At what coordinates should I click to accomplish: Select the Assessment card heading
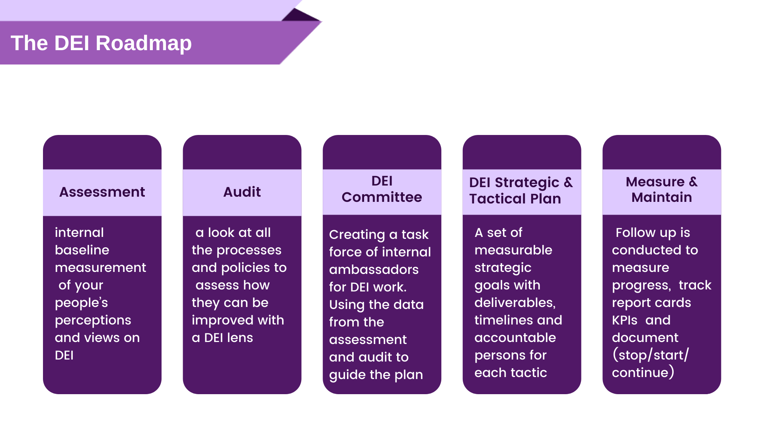(102, 192)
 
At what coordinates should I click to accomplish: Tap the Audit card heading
(242, 192)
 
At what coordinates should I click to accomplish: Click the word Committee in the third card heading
(382, 197)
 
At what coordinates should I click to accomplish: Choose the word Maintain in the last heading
(661, 197)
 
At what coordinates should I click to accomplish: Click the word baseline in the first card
(82, 250)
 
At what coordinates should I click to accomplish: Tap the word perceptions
(93, 320)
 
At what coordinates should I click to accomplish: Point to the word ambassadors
(374, 270)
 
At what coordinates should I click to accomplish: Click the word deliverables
(515, 303)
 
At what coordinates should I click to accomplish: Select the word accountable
(515, 338)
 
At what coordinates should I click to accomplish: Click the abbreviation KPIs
(625, 320)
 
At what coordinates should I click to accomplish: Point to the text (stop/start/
(651, 355)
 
